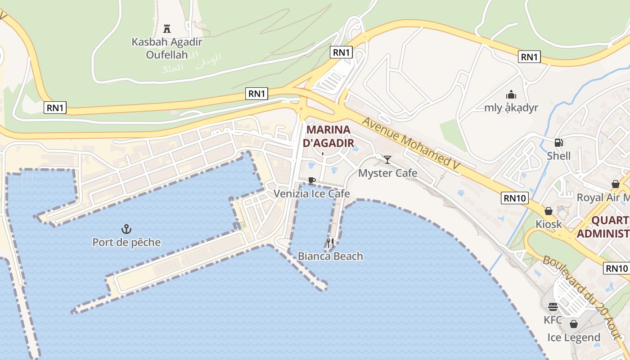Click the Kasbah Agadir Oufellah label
click(167, 48)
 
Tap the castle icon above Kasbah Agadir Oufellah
click(167, 29)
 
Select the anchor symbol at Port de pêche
click(126, 229)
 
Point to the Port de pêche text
click(126, 243)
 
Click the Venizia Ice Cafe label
click(312, 194)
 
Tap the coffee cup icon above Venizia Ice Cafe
click(311, 181)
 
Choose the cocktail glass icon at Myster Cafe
click(387, 159)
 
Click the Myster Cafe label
click(387, 173)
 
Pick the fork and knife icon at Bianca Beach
click(330, 243)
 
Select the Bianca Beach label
click(330, 256)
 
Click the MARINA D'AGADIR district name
click(328, 136)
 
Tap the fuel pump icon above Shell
click(558, 143)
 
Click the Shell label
click(558, 156)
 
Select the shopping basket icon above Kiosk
click(549, 211)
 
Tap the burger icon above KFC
click(553, 307)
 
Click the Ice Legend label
click(574, 337)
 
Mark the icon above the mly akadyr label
click(511, 94)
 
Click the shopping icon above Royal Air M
click(615, 184)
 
